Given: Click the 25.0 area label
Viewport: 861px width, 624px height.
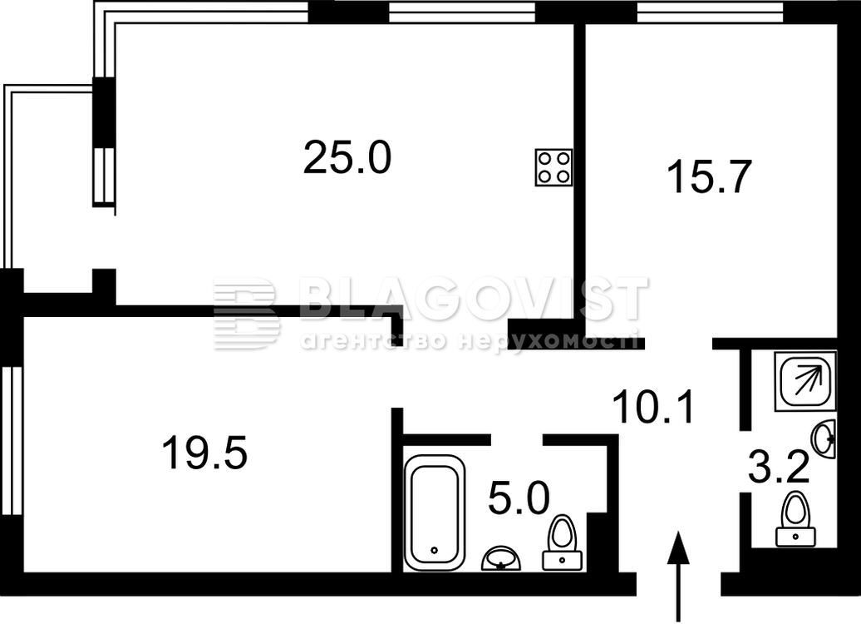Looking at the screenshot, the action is (347, 157).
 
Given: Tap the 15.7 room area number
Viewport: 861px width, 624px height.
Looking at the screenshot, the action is (708, 176).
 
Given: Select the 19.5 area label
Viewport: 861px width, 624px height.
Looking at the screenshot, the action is (204, 452).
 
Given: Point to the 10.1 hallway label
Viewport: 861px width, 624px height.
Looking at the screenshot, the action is (653, 407).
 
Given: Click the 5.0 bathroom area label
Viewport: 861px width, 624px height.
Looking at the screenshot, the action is (519, 498).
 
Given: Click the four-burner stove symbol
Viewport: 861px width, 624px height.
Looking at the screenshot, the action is (553, 167).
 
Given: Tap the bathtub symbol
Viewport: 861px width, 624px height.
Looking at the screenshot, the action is (435, 513).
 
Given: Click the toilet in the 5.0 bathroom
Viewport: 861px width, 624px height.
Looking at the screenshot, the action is (563, 542).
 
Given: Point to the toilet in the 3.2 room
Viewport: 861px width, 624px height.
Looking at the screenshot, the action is (795, 519).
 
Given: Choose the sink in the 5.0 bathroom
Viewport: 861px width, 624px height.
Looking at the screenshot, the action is (501, 558).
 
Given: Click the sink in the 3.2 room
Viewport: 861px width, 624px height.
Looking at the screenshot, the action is (824, 438).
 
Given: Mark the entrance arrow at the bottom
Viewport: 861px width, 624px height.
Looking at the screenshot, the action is (679, 577).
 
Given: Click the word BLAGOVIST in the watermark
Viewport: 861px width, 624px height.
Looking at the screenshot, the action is (474, 300).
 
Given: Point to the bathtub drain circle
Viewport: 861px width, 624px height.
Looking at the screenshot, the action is (435, 550).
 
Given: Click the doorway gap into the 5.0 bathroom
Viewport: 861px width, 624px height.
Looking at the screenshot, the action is (517, 439).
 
